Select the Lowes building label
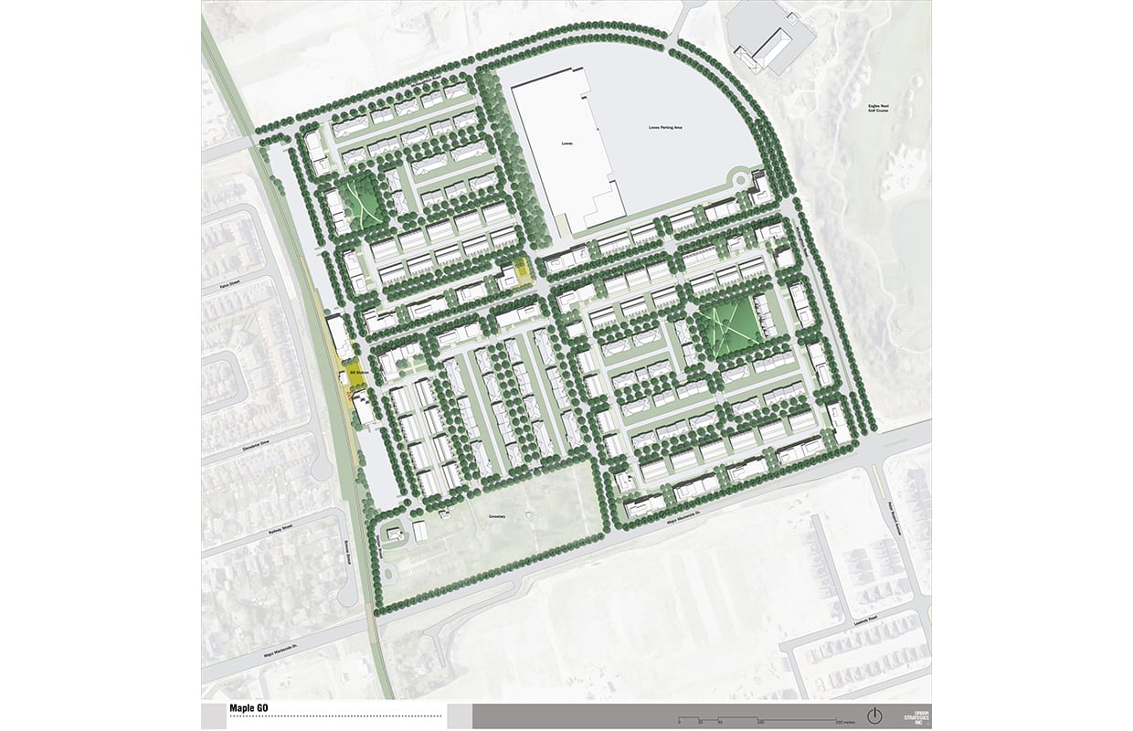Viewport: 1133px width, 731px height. (x=566, y=144)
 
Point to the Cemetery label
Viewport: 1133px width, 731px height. (x=497, y=516)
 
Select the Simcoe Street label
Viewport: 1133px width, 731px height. (x=348, y=549)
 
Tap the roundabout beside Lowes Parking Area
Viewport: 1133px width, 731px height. (x=736, y=177)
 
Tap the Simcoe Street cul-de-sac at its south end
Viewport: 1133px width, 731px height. (x=346, y=595)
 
